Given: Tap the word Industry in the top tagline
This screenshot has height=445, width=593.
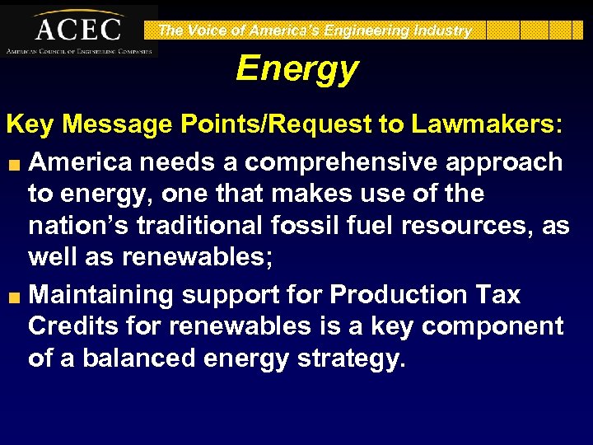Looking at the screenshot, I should pyautogui.click(x=441, y=31).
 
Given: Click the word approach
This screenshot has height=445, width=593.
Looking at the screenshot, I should pyautogui.click(x=509, y=162).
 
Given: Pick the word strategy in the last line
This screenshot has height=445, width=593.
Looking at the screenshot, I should pyautogui.click(x=352, y=360).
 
